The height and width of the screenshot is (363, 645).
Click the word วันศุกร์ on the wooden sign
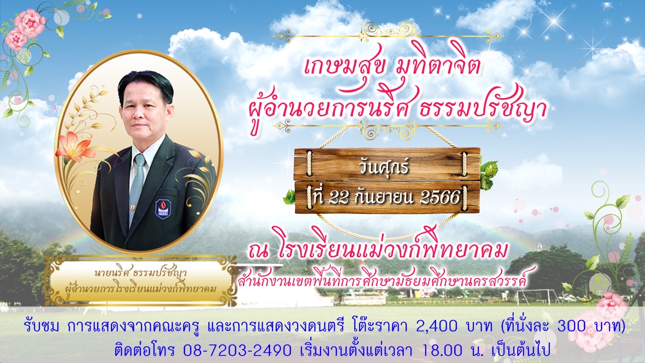coord(384,168)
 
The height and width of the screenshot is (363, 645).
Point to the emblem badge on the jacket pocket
coord(163,209)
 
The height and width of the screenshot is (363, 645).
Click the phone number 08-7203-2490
coord(237,350)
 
